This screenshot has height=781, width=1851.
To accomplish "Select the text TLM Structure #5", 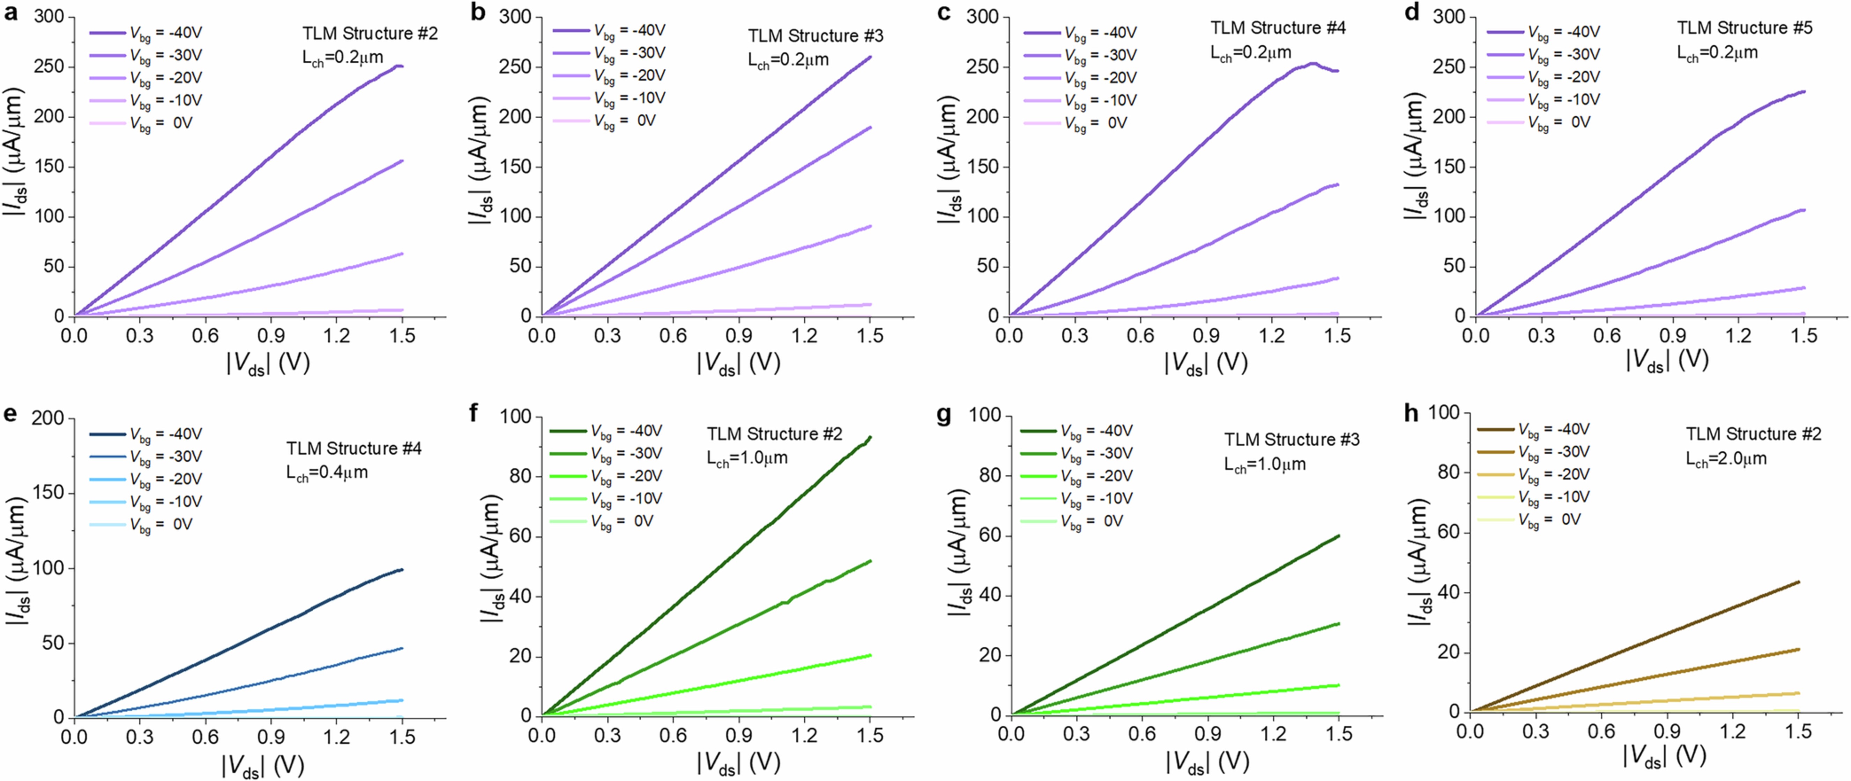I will [x=1745, y=28].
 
